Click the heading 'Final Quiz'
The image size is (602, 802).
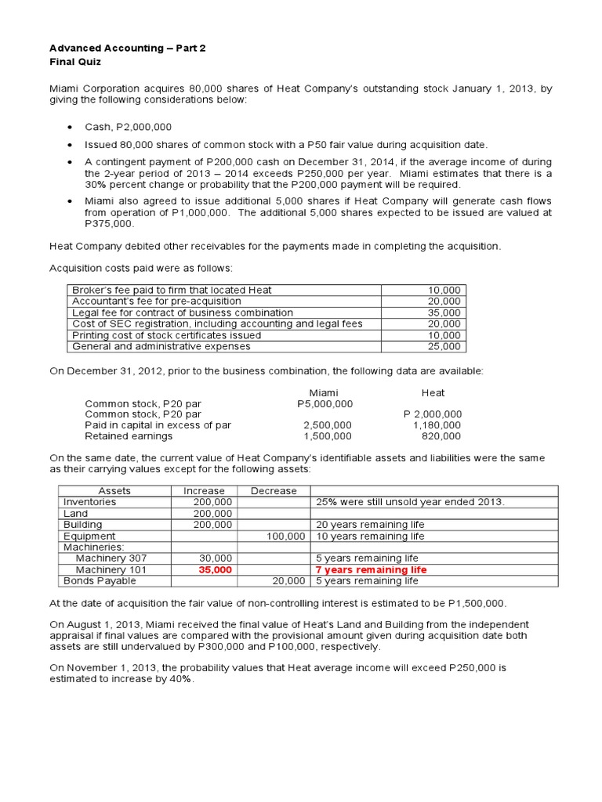pos(75,61)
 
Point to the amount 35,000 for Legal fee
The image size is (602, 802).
pos(444,312)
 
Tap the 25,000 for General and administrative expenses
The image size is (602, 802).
pos(444,346)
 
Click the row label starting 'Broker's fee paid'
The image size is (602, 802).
pos(172,290)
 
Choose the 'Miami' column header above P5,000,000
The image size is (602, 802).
pos(325,392)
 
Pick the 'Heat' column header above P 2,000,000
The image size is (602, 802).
pos(433,392)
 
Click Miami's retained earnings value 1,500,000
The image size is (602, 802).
pos(328,436)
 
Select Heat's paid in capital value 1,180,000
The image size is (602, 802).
pos(437,425)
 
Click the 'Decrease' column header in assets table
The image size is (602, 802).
pos(274,491)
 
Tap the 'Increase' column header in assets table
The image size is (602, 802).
pos(204,491)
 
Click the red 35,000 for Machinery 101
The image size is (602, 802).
pos(216,570)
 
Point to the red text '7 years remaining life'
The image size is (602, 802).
pos(371,570)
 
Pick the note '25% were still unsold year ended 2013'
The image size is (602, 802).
pos(410,502)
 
